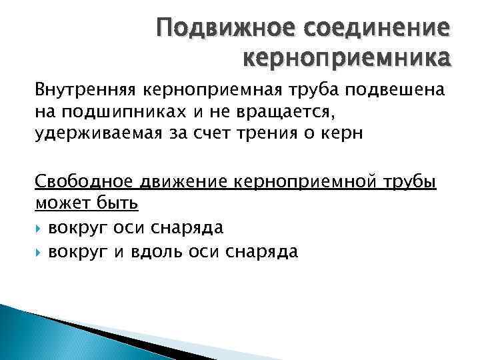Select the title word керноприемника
(x=347, y=60)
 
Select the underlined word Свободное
(x=84, y=182)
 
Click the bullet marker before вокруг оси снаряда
(x=39, y=228)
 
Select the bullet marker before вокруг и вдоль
(x=39, y=251)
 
